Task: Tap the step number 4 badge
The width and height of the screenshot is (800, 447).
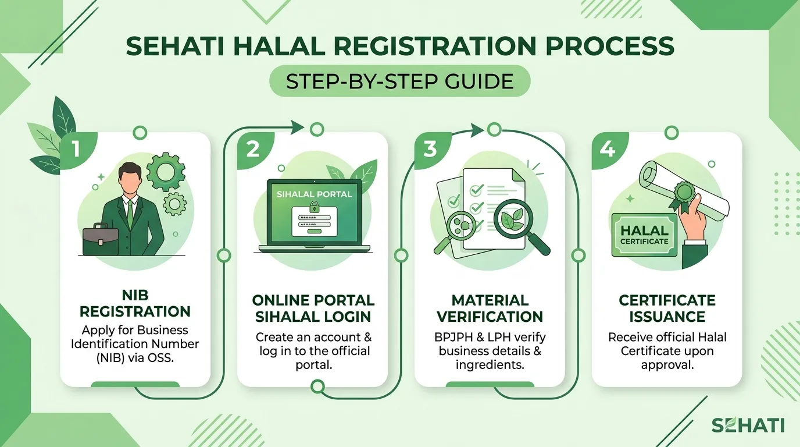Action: point(608,150)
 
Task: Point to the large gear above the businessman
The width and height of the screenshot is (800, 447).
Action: point(166,172)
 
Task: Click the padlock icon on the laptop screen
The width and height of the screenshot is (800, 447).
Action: point(315,207)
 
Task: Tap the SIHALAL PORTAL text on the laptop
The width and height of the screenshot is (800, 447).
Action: point(315,194)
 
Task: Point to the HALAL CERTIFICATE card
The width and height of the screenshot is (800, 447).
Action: point(644,235)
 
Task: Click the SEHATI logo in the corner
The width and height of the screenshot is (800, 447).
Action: point(748,425)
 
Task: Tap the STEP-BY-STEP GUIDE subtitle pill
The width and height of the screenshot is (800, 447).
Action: point(399,81)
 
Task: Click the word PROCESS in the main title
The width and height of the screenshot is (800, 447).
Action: point(610,46)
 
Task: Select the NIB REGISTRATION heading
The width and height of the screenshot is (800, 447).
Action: point(135,303)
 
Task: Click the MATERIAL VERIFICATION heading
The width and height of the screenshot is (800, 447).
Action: point(490,308)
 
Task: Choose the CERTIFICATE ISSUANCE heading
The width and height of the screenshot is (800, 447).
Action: point(667,308)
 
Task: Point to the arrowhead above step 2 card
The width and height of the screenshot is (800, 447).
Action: point(297,127)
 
